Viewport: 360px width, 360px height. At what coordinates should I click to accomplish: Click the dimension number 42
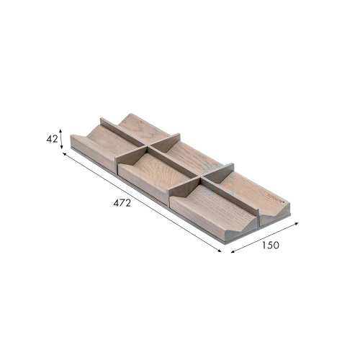(52, 139)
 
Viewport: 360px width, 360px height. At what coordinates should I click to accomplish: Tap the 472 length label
(122, 203)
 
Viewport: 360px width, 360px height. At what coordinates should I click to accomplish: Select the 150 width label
(271, 245)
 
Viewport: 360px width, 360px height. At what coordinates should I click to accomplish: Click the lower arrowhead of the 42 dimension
(61, 147)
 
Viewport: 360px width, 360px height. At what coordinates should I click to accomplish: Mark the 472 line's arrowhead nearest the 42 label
(65, 154)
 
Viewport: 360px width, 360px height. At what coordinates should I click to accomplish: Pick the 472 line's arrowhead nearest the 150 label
(219, 251)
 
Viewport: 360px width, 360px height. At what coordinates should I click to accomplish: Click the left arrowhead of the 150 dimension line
(233, 252)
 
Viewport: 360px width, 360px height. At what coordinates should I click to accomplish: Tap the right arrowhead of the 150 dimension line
(296, 223)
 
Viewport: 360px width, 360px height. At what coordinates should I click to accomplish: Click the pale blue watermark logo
(218, 179)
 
